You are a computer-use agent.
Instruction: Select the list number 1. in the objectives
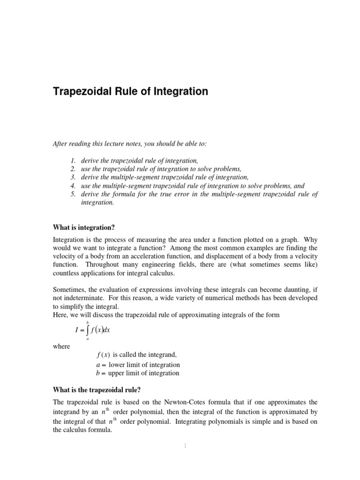[x=73, y=161]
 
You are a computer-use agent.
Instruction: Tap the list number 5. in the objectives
[x=73, y=194]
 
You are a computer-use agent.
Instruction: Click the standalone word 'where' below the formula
[x=61, y=346]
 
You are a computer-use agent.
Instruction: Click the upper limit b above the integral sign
[x=87, y=322]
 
